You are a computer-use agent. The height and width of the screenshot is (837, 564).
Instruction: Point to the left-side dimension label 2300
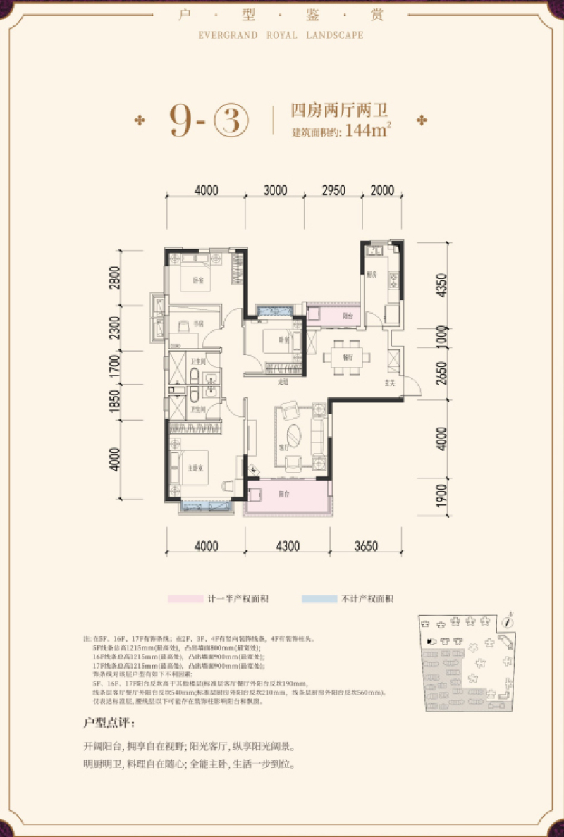click(116, 328)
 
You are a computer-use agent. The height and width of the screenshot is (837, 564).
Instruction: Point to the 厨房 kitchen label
click(372, 274)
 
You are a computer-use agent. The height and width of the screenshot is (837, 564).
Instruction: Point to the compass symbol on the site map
click(506, 621)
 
